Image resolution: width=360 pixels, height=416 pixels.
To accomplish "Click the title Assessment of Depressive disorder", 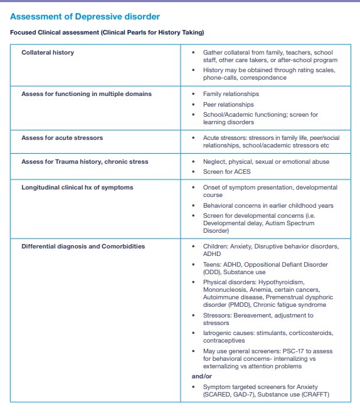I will [x=85, y=16].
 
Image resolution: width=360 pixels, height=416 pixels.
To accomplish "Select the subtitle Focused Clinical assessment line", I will [x=107, y=32].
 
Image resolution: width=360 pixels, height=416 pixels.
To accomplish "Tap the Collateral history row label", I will [x=48, y=53].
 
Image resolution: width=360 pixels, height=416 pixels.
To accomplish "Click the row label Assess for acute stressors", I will [x=62, y=137].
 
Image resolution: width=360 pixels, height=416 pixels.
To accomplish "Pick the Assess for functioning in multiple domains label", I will [x=87, y=94].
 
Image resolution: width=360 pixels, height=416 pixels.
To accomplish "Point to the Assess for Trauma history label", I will [x=85, y=162].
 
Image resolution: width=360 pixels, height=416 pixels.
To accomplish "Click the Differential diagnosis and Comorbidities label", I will [x=83, y=247].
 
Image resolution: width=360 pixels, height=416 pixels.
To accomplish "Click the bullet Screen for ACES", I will [x=227, y=172].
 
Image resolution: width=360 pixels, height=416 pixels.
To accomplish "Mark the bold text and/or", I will [x=203, y=376].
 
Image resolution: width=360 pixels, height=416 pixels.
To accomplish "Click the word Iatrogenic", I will [x=219, y=333].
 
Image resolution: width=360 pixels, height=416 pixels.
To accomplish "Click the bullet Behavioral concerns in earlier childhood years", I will [x=268, y=205].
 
